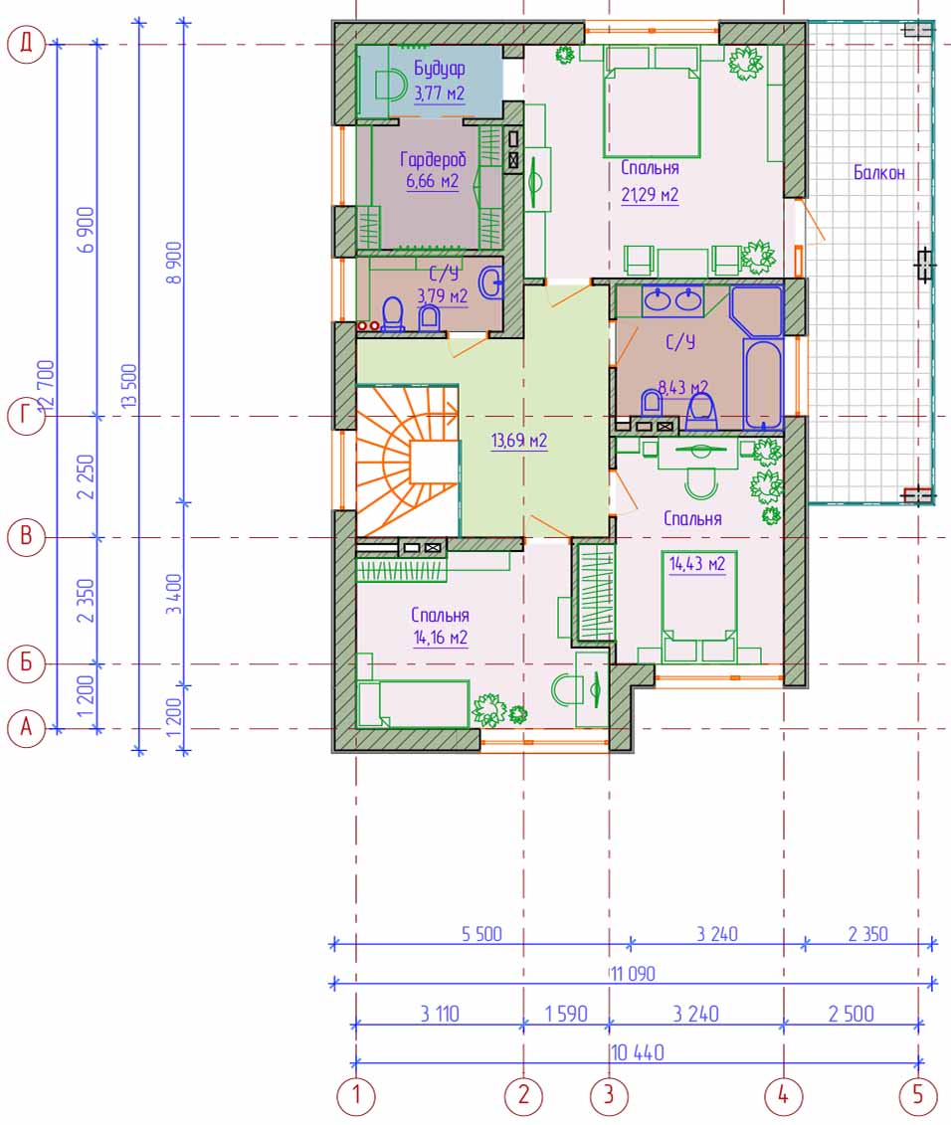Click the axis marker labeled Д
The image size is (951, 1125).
[x=26, y=44]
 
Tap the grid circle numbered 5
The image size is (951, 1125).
[x=918, y=1095]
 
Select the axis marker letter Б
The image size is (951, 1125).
[x=26, y=663]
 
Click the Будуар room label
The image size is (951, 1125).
[x=440, y=69]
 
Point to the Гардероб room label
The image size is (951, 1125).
[x=432, y=158]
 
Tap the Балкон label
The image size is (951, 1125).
[x=878, y=172]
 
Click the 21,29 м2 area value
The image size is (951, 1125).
[x=650, y=194]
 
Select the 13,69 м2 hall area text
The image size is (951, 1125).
[x=519, y=440]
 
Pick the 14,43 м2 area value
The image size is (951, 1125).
[x=697, y=564]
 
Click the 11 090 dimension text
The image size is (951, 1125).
[x=633, y=974]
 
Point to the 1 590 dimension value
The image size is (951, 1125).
[x=566, y=1014]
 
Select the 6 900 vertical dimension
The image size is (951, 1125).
[x=86, y=230]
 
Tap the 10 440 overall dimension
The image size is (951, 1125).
[x=638, y=1052]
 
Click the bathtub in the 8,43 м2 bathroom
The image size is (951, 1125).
[x=763, y=385]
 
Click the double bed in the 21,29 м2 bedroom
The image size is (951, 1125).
[x=652, y=101]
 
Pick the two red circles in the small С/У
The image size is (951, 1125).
[x=368, y=325]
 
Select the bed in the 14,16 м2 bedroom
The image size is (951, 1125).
[x=414, y=704]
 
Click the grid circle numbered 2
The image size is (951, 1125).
[x=523, y=1095]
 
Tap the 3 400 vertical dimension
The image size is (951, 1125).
[x=174, y=594]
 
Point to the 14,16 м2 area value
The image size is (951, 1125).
[x=441, y=638]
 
